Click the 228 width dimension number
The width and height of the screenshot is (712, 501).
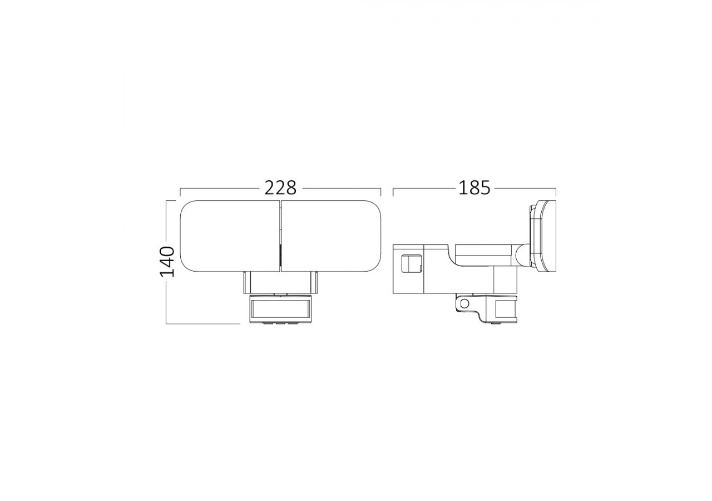[280, 188]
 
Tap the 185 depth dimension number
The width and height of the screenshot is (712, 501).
[474, 188]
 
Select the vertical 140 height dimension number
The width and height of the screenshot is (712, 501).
[167, 261]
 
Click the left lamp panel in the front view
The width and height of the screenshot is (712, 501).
[229, 237]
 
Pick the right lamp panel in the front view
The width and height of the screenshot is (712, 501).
[332, 237]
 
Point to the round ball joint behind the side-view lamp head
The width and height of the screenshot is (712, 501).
[522, 256]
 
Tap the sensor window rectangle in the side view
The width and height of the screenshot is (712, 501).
[508, 308]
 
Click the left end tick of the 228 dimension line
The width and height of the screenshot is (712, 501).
[180, 192]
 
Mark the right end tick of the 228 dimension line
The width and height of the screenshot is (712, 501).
[380, 192]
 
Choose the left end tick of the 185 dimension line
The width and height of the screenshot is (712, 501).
[393, 192]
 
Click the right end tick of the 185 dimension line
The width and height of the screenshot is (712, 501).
[556, 192]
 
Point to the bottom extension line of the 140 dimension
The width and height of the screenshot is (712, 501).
[203, 323]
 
